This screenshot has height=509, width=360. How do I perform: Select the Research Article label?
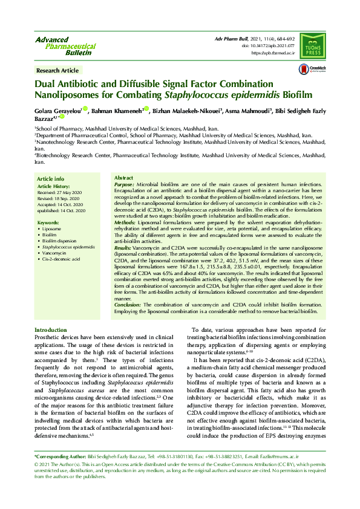click(57, 71)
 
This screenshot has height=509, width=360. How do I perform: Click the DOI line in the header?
click(268, 46)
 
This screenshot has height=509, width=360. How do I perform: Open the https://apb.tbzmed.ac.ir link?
click(273, 53)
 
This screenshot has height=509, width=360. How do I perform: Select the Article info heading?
click(51, 179)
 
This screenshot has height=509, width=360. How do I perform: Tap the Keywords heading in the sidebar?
click(48, 223)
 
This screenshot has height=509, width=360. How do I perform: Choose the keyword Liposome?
click(52, 230)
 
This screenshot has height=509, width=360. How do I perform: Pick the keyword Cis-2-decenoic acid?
click(61, 259)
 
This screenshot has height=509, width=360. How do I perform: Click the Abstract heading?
click(123, 178)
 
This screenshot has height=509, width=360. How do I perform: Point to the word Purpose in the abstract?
click(125, 183)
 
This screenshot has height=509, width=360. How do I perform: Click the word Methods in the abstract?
click(125, 223)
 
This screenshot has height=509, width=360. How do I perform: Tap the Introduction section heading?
click(51, 330)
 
